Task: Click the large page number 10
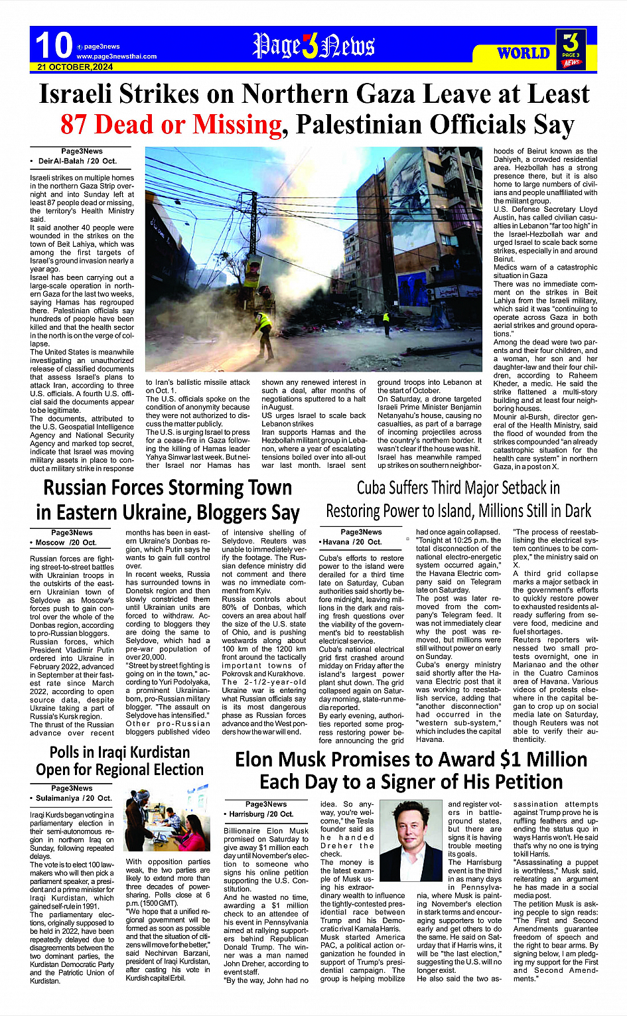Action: click(53, 45)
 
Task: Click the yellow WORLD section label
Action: click(523, 53)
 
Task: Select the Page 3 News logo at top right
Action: click(571, 48)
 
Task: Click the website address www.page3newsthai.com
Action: click(117, 56)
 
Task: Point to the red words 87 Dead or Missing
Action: click(171, 124)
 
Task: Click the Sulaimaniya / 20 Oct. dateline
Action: click(73, 798)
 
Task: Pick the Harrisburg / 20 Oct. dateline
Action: click(261, 814)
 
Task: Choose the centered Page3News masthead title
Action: click(313, 46)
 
